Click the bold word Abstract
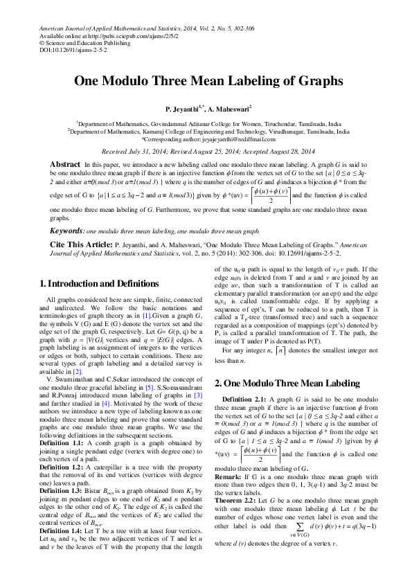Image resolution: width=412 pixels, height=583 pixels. coord(65,164)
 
